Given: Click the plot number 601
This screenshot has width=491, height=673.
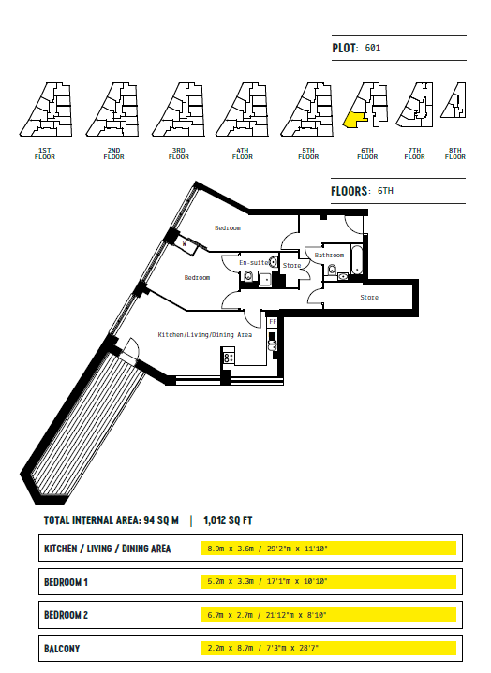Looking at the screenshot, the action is tap(372, 48).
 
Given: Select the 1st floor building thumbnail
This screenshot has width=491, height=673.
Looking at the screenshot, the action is tap(46, 110).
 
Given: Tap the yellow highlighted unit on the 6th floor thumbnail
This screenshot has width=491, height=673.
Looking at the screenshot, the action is tap(354, 120).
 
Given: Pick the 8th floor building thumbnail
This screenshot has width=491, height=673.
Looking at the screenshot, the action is tap(454, 100).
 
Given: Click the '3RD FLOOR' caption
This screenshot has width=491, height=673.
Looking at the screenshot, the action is tap(179, 154).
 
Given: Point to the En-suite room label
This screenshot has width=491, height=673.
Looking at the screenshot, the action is tap(254, 263).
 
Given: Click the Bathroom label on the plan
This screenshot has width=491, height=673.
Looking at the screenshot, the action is tap(329, 255).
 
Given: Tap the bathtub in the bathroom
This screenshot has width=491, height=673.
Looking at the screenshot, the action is tap(357, 259).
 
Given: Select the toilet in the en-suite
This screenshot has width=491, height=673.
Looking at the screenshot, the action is tap(248, 276).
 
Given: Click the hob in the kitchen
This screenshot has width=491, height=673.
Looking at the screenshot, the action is tap(229, 358).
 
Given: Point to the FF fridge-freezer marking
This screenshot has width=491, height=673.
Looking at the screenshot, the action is tap(273, 321).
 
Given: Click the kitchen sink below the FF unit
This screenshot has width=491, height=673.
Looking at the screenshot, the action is tap(273, 345).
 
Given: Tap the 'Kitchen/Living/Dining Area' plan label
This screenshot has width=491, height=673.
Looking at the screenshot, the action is tap(205, 335).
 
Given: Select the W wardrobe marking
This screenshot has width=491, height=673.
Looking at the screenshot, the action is tap(185, 243).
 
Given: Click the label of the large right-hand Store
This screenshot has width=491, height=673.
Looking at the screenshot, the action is tap(369, 297).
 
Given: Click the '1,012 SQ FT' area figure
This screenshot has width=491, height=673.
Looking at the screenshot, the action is tap(228, 520).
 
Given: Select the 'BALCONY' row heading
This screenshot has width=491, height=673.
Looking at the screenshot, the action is tap(62, 649).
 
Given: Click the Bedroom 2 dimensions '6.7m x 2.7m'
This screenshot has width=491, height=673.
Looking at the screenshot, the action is tap(231, 615).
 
